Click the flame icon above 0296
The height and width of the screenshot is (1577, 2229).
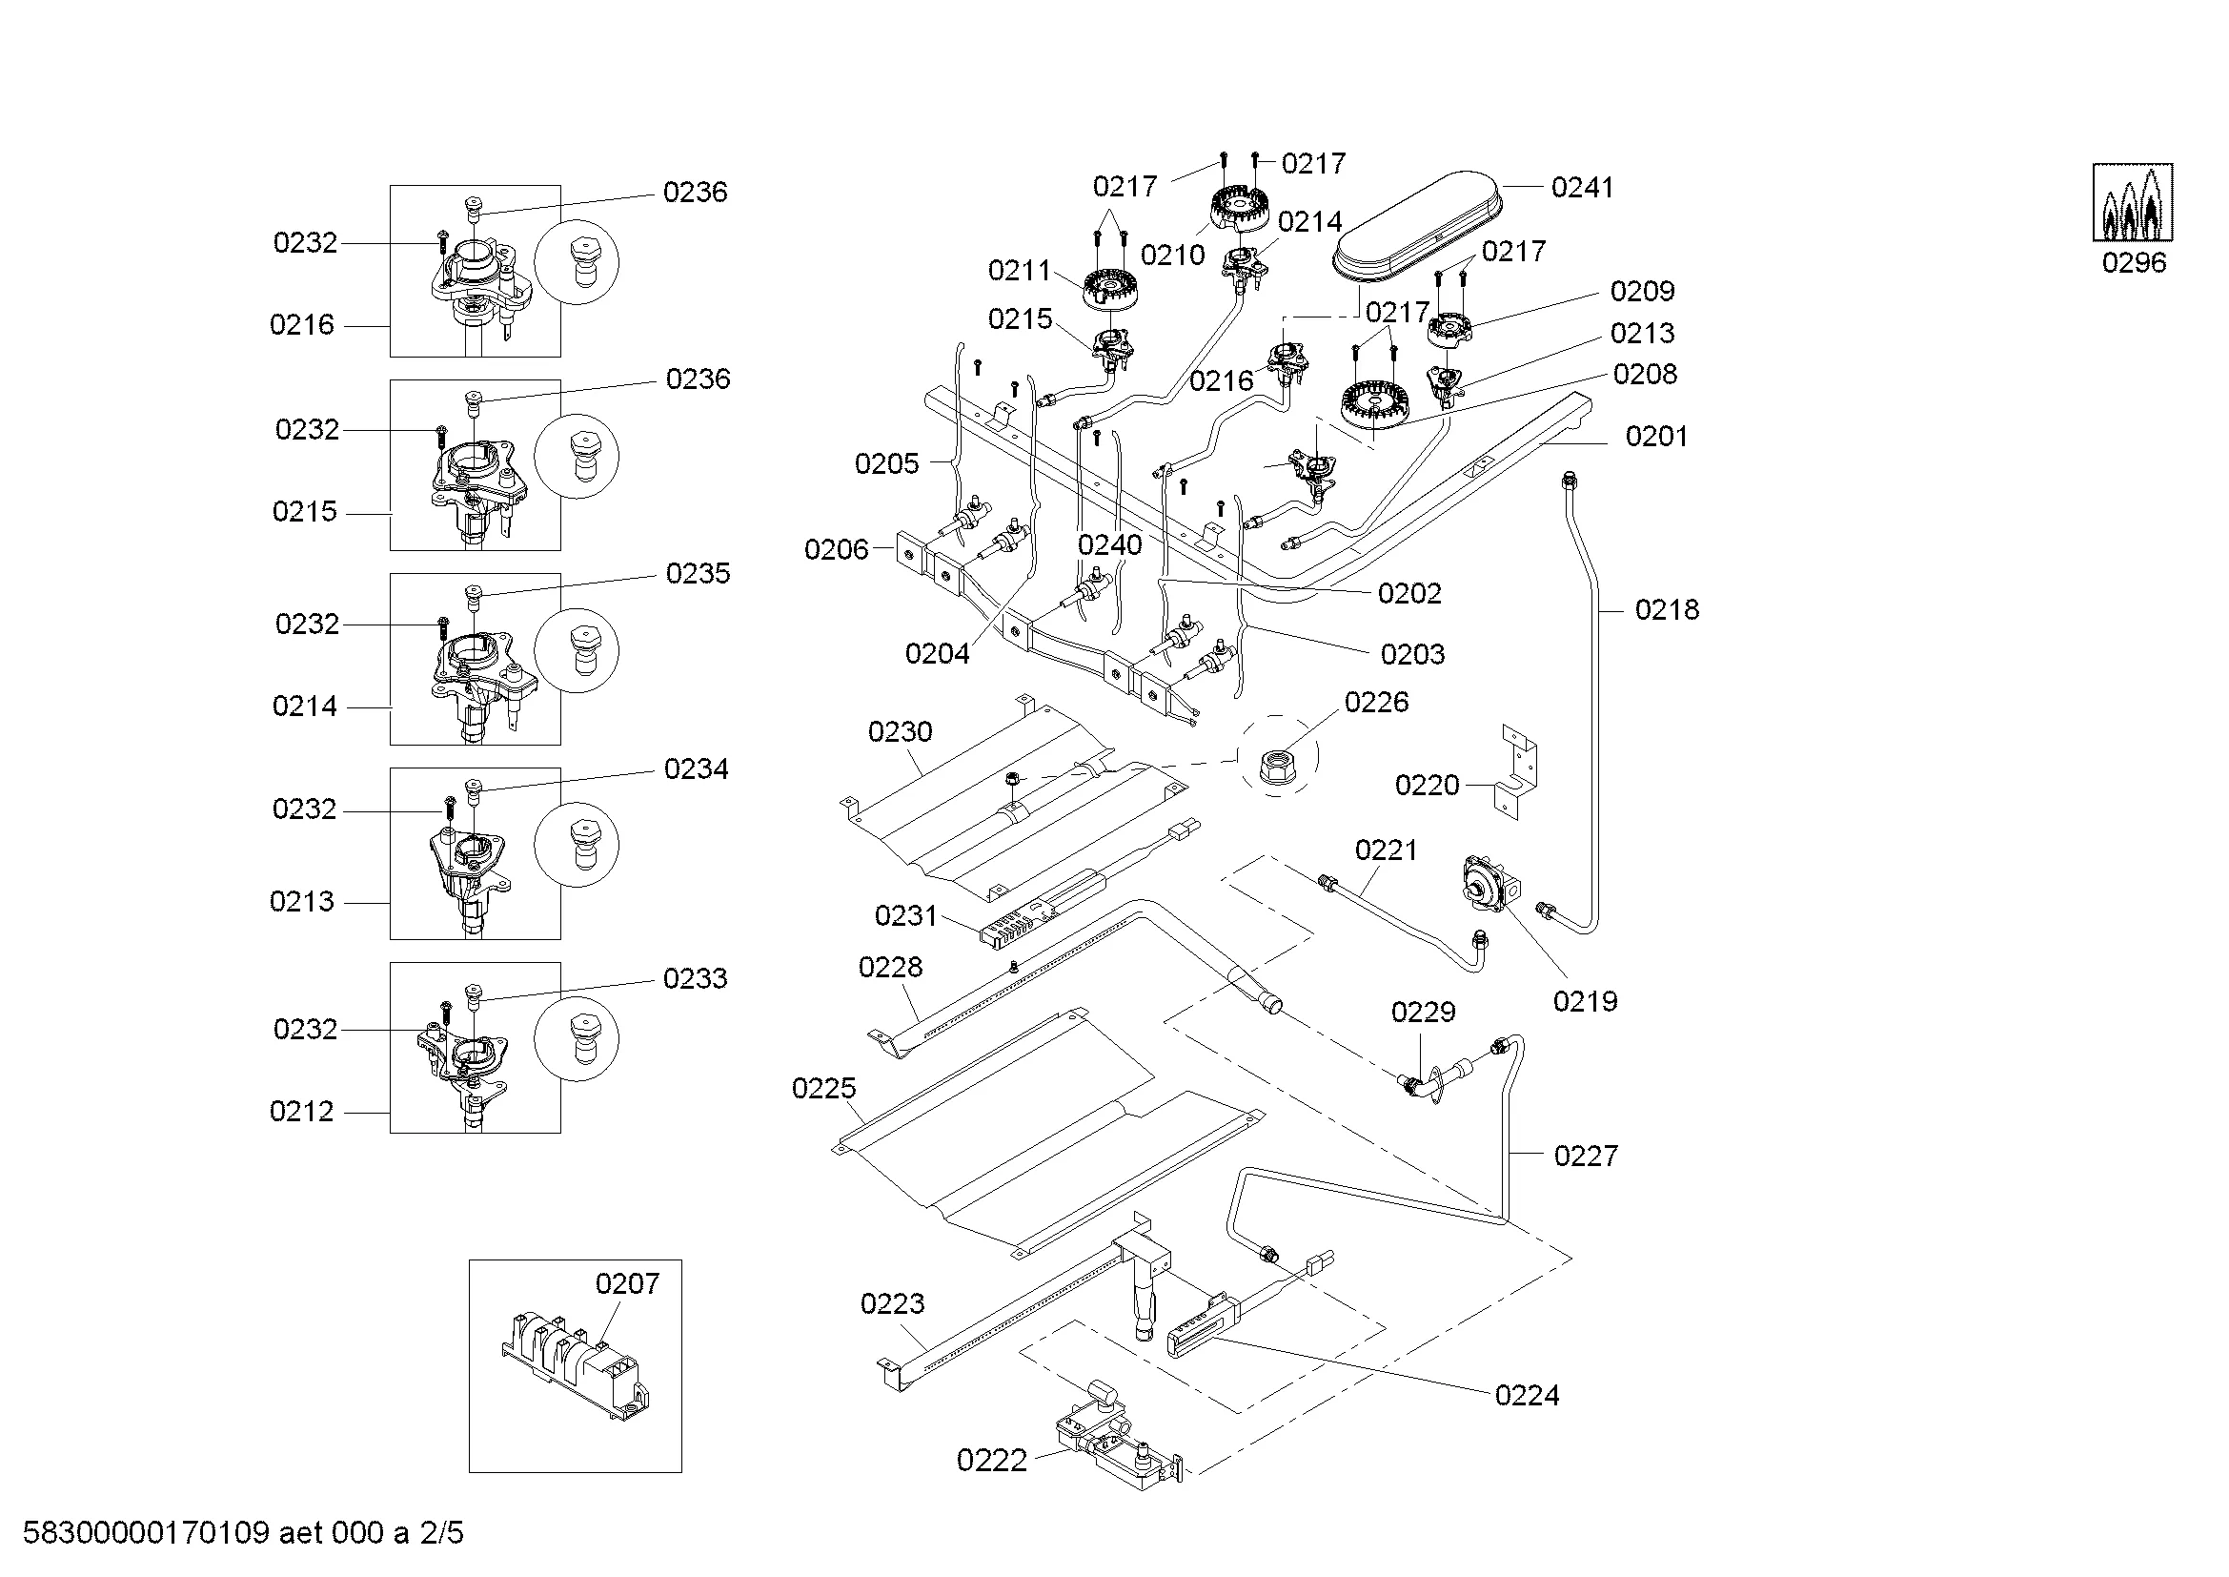point(2132,202)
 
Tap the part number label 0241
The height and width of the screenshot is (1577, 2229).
point(1582,188)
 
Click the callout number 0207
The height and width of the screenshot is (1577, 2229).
point(627,1283)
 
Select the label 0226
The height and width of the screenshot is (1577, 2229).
point(1376,702)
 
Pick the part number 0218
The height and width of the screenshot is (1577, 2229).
point(1666,610)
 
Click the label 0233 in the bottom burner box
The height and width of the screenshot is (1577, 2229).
point(694,978)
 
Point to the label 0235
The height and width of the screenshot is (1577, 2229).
point(697,574)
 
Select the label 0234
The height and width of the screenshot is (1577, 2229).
point(695,769)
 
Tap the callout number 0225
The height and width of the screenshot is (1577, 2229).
point(823,1089)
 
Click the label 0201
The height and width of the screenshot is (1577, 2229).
point(1656,437)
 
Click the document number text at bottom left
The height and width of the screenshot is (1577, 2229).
point(243,1533)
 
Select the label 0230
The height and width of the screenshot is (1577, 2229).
point(899,731)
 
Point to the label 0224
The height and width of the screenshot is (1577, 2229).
point(1526,1396)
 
